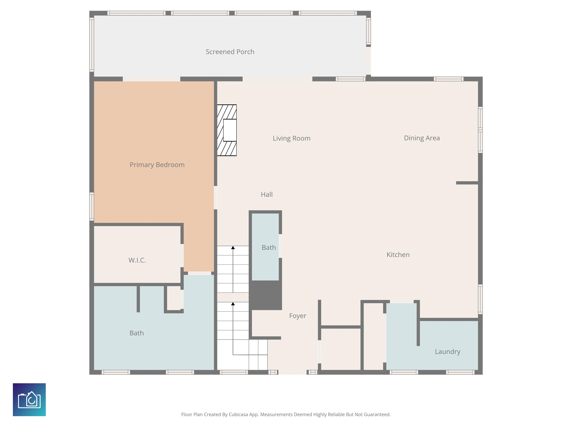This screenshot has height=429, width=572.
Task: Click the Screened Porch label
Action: click(230, 52)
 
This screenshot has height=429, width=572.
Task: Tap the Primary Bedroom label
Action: click(157, 165)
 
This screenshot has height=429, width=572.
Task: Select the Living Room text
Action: click(291, 138)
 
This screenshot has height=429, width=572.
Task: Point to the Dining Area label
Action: click(422, 138)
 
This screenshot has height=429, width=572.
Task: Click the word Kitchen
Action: click(398, 255)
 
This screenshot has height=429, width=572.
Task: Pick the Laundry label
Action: click(448, 352)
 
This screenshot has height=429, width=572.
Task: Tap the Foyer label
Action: click(298, 316)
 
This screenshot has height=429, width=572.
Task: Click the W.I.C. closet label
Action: click(137, 260)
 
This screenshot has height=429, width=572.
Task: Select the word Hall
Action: click(267, 194)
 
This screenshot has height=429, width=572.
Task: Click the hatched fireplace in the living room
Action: click(227, 130)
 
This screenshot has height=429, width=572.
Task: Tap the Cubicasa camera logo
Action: click(29, 400)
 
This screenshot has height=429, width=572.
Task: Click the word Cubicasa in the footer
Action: click(238, 414)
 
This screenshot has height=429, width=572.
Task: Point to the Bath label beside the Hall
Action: click(269, 247)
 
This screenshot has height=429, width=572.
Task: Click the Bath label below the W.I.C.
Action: click(136, 333)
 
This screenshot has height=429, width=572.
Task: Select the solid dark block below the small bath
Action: click(265, 295)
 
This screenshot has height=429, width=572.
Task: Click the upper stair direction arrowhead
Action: click(233, 247)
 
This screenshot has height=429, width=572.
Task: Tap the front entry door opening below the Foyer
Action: click(292, 372)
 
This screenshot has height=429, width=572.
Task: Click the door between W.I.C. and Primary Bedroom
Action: click(182, 255)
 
